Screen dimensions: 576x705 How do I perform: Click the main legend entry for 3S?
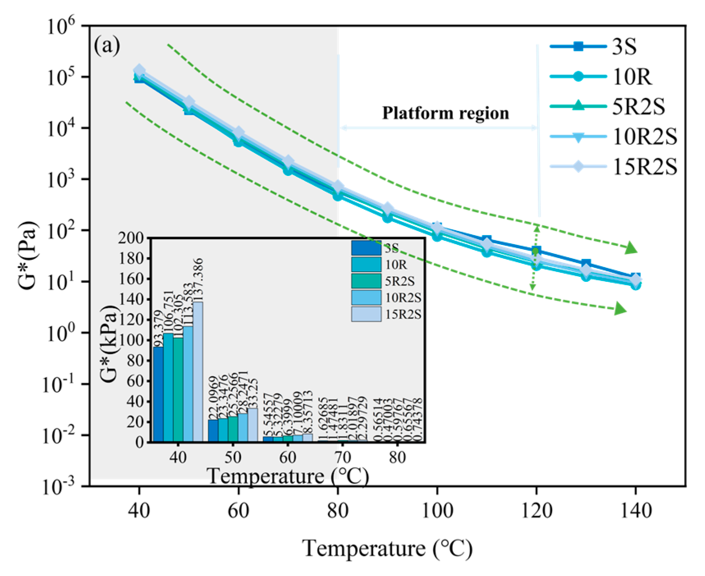click(624, 46)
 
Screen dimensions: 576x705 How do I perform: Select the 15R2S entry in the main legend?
click(644, 167)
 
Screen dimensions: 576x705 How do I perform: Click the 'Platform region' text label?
click(445, 113)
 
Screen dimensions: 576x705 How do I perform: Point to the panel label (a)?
click(107, 46)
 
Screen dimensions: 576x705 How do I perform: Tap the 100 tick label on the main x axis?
click(437, 511)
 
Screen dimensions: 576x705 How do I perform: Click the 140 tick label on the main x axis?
click(636, 511)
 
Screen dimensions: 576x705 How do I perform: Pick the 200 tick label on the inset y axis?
click(131, 238)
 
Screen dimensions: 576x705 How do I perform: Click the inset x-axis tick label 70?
click(342, 457)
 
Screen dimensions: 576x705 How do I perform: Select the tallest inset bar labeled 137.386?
click(198, 371)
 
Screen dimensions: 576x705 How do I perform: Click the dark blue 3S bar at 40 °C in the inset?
click(158, 394)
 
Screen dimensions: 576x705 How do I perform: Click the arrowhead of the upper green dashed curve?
click(631, 248)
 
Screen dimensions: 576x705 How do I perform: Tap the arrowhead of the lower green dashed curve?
click(620, 309)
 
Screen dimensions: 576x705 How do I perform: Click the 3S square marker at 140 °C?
click(635, 277)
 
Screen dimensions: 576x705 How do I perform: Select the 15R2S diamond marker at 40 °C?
click(139, 70)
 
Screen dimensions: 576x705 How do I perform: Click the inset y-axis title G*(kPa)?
click(109, 344)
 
